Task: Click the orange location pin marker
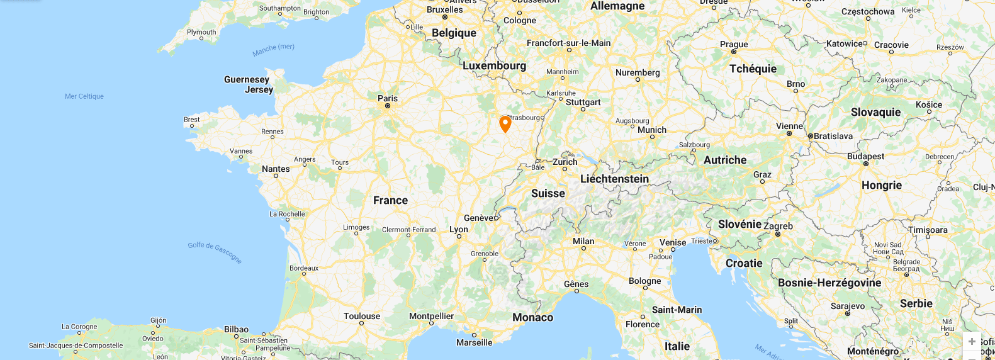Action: pos(505,123)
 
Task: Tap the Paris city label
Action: pos(388,98)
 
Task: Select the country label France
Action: pos(390,200)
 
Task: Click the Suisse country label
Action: pos(548,193)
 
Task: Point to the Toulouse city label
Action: pos(362,316)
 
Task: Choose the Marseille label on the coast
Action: pos(474,342)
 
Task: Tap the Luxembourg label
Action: pos(494,65)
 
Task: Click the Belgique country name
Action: pos(454,33)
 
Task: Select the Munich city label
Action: pos(651,130)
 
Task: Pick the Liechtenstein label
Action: pos(614,179)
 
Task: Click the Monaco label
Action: pos(532,317)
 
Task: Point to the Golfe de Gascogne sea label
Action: pos(215,252)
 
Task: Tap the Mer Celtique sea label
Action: pos(84,96)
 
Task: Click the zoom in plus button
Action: pos(972,341)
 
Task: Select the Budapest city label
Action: pos(865,156)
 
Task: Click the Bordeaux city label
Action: pos(304,268)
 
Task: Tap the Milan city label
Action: pos(583,241)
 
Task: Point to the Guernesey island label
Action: pos(246,79)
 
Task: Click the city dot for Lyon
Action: pos(459,237)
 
